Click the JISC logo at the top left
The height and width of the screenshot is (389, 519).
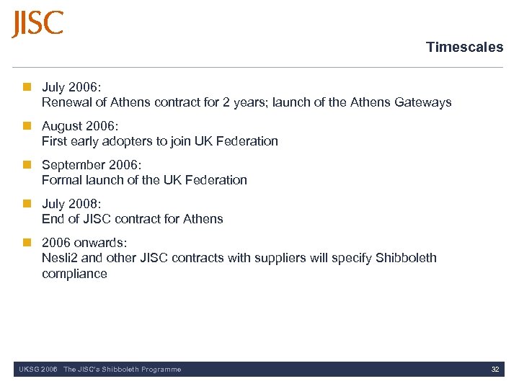[x=37, y=23]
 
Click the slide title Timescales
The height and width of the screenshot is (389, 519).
[x=464, y=48]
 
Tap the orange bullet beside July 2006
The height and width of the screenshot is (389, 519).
[x=27, y=87]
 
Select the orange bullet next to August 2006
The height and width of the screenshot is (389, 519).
[x=27, y=126]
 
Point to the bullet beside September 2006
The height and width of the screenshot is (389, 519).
[x=27, y=165]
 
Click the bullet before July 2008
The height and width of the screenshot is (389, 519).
[x=27, y=204]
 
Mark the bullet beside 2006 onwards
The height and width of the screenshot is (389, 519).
[x=27, y=243]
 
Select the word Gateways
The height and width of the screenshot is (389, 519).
[x=423, y=102]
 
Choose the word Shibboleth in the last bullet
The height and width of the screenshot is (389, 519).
[x=406, y=258]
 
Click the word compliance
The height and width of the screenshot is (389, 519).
[x=74, y=274]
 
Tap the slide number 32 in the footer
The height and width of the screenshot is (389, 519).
[x=495, y=370]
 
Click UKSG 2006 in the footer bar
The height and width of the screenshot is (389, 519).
[x=37, y=370]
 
